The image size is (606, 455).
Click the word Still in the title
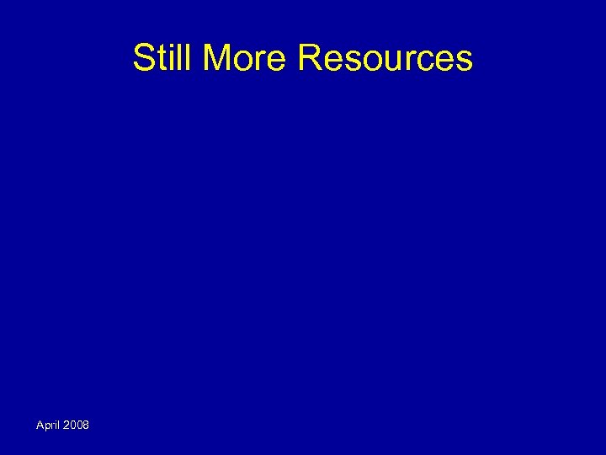coord(164,58)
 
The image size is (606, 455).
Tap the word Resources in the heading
coord(385,58)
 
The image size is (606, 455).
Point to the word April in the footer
coord(49,426)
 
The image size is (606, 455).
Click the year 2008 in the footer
coord(77,425)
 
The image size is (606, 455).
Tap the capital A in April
coord(40,425)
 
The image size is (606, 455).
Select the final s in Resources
coord(465,61)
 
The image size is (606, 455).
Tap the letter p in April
coord(46,426)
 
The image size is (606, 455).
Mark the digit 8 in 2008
coord(86,425)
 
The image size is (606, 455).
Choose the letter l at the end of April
coord(60,425)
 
